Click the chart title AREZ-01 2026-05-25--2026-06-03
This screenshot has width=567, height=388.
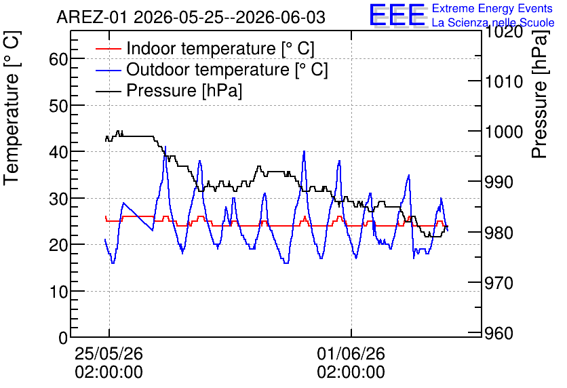click(x=191, y=17)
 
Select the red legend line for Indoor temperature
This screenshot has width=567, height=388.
click(x=108, y=49)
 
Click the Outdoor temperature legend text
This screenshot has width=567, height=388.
click(x=227, y=69)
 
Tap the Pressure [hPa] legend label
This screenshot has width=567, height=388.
click(x=184, y=90)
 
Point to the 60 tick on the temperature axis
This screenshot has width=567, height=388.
click(x=58, y=59)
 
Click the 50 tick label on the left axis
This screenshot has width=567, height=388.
click(x=58, y=106)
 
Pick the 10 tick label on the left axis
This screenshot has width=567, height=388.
click(x=58, y=292)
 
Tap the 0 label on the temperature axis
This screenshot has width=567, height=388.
click(x=63, y=338)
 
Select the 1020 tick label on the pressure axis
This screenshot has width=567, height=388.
click(x=504, y=32)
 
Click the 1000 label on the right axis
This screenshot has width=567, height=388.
click(x=504, y=132)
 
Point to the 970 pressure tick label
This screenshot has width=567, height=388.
click(x=499, y=283)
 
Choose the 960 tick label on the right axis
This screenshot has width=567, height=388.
click(x=499, y=333)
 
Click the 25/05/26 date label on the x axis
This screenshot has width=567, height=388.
click(x=109, y=353)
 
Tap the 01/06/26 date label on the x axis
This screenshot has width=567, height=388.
click(x=351, y=353)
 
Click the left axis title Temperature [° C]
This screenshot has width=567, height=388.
click(x=12, y=108)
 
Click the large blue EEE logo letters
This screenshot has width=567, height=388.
click(x=397, y=15)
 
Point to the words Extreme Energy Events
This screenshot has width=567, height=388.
click(x=492, y=8)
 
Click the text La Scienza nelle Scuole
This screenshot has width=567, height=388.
click(x=493, y=22)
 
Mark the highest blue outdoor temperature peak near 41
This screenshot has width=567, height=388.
click(x=165, y=147)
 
